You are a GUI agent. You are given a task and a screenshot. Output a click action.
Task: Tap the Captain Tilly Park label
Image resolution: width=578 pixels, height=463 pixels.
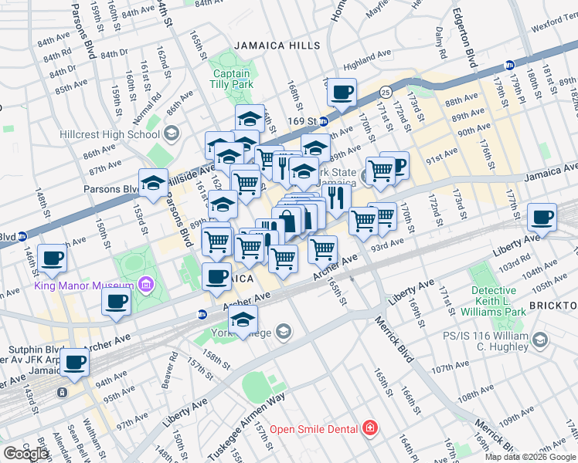coord(231,79)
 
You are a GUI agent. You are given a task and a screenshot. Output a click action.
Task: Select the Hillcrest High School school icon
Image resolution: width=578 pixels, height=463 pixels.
coord(172,134)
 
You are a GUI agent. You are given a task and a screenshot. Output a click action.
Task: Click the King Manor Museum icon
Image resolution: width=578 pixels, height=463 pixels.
coord(146,286)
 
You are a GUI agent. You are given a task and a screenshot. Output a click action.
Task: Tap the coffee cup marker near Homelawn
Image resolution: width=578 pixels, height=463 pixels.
coord(341,93)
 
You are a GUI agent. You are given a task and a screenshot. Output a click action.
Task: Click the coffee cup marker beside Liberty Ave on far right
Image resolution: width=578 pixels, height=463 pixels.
coord(542,217)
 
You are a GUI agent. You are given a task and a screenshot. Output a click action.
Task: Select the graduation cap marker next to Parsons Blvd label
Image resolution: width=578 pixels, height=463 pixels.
coord(153,183)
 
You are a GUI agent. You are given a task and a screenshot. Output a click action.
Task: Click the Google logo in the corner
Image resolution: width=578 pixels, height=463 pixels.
coord(25,454)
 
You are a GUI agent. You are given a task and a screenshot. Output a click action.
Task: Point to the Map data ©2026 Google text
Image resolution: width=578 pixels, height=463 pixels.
coord(531,457)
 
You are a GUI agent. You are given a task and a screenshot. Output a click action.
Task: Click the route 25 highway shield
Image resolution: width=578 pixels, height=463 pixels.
coord(384,93)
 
